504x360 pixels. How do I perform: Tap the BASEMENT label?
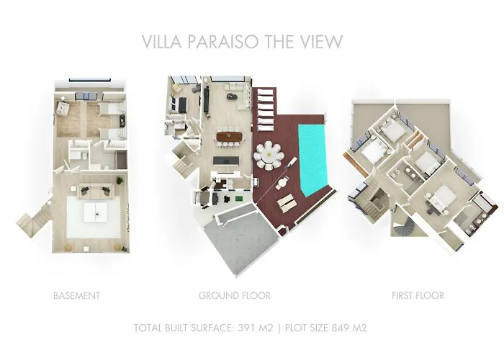76,295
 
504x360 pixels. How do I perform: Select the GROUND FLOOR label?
234,295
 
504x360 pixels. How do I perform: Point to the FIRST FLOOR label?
418,295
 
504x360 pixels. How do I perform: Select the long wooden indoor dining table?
230,135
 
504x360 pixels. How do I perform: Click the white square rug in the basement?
94,214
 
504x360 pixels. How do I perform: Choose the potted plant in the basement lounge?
68,246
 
